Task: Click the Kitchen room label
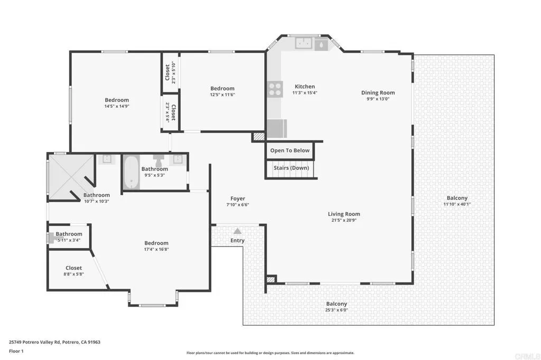[304, 87]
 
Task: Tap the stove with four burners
[275, 89]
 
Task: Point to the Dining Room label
[378, 93]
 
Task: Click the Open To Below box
[290, 150]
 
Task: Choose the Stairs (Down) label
[291, 168]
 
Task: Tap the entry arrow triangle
[238, 231]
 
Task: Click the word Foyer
[237, 198]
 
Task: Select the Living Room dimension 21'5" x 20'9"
[344, 221]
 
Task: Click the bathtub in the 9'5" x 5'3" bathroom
[131, 173]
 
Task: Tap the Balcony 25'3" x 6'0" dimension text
[337, 310]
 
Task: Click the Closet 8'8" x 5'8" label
[74, 268]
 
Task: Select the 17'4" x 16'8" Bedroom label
[156, 243]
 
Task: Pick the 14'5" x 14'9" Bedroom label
[116, 100]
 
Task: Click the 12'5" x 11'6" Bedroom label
[222, 89]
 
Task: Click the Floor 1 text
[17, 350]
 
